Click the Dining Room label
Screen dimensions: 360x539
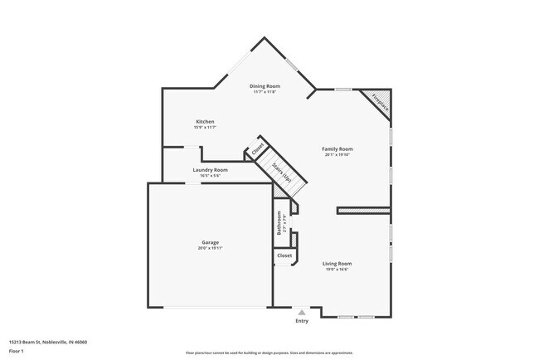coord(265,85)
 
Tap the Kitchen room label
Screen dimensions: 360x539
coord(205,121)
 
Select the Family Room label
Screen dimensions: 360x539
coord(337,148)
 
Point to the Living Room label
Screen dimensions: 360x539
coord(337,263)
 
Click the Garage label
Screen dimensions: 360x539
coord(209,241)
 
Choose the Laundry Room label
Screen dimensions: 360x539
coord(210,169)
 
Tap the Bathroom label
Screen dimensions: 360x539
coord(279,221)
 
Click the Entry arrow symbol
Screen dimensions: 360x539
coord(302,312)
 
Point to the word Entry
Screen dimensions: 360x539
coord(302,321)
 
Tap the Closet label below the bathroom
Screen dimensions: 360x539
coord(284,255)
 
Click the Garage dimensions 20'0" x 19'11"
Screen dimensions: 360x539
coord(209,247)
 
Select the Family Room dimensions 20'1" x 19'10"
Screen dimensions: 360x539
coord(337,154)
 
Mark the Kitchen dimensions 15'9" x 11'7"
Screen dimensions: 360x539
coord(205,127)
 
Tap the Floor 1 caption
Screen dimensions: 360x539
coord(17,350)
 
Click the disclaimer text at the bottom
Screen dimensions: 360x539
coord(269,353)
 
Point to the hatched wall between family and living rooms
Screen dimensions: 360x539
coord(362,211)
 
